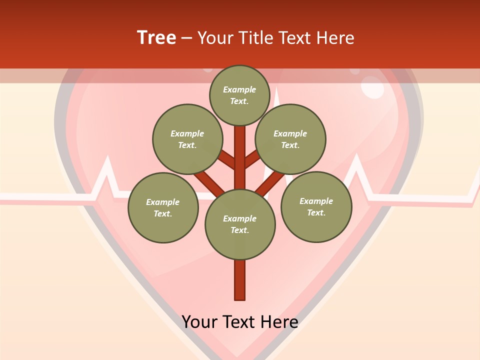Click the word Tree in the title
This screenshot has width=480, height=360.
(156, 37)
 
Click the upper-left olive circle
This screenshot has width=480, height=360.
(187, 139)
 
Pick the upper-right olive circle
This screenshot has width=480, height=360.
(290, 139)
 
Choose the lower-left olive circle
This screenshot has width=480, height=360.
(163, 207)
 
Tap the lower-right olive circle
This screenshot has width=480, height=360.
(316, 206)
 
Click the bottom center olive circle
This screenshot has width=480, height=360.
(240, 224)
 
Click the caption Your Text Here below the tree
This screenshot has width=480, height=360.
(240, 321)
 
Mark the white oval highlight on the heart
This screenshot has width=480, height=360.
(372, 87)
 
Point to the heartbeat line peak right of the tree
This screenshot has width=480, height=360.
(357, 157)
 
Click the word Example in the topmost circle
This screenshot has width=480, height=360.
(239, 89)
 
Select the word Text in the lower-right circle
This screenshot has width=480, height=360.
(315, 212)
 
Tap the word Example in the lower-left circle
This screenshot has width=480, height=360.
(163, 202)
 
